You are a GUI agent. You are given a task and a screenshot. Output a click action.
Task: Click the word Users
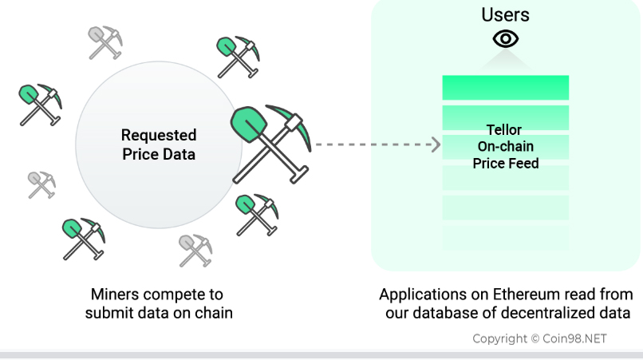505,15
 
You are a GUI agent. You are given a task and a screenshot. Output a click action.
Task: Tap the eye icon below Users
506,38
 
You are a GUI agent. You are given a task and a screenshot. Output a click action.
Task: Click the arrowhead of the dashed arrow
436,144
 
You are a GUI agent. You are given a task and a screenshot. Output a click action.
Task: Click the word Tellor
504,130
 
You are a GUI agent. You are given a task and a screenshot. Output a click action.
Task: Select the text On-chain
505,146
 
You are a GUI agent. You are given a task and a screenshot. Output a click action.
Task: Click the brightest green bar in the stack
506,88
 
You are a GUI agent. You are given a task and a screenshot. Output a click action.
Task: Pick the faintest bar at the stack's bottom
506,238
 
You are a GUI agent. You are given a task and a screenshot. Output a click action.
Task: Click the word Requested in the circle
159,136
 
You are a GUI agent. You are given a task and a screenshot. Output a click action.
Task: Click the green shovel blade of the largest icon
249,125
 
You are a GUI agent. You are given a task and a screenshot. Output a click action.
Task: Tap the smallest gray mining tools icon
41,184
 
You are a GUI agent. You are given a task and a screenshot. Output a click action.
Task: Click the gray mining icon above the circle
105,42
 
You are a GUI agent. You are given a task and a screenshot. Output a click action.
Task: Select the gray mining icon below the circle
195,251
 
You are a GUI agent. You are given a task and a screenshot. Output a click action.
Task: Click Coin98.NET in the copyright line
574,338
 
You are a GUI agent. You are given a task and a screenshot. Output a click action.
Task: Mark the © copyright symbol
535,338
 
